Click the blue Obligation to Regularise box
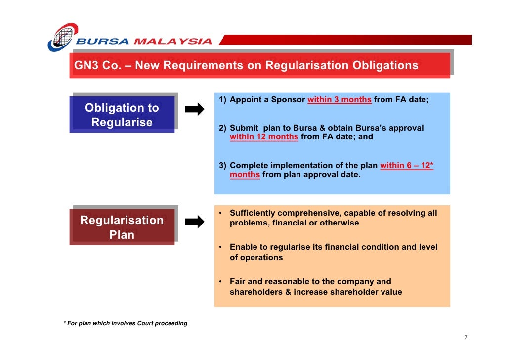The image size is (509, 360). (x=122, y=115)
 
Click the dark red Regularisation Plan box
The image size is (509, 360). (x=122, y=227)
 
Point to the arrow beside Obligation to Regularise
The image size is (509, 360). (x=194, y=109)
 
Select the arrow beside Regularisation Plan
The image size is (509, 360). (x=194, y=222)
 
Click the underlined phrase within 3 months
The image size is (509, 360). (x=339, y=100)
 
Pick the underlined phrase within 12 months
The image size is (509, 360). (x=264, y=137)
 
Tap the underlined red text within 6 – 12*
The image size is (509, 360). (x=407, y=166)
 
